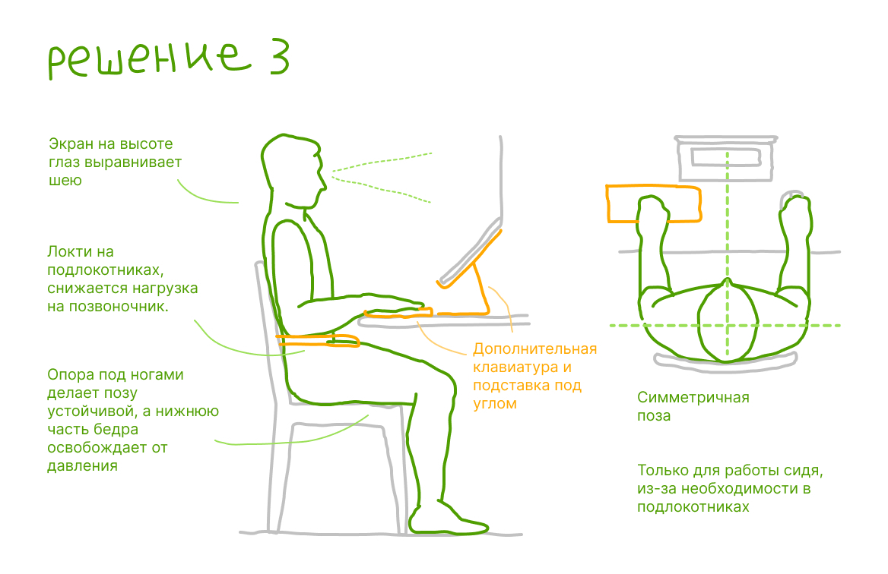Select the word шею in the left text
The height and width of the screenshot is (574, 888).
(65, 181)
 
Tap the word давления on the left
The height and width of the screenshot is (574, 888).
(83, 466)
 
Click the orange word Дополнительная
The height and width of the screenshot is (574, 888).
(535, 349)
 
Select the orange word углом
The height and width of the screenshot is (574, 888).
(495, 404)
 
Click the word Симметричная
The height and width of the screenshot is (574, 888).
(693, 397)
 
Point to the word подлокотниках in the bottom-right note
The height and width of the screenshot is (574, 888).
(693, 506)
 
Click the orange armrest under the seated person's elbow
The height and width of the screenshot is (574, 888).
(318, 340)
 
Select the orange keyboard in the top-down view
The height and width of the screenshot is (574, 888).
(654, 203)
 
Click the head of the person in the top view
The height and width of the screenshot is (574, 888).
(728, 320)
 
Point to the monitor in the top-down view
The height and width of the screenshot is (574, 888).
(726, 159)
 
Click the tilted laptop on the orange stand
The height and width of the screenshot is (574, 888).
(470, 253)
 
